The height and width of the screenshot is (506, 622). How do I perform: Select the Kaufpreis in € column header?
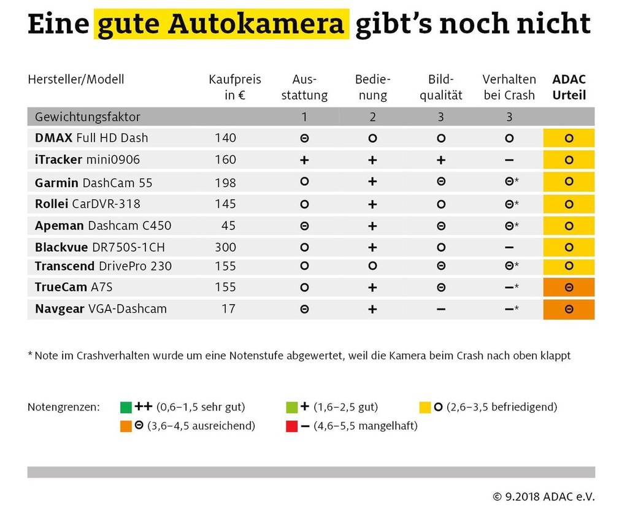click(x=234, y=87)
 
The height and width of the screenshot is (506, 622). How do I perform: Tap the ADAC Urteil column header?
click(x=569, y=87)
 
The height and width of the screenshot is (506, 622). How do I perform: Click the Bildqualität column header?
click(x=440, y=87)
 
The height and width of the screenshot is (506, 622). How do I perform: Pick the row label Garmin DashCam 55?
click(x=94, y=182)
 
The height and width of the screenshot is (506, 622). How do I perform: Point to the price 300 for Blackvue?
click(x=225, y=247)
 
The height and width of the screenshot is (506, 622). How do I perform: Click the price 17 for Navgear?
click(x=228, y=309)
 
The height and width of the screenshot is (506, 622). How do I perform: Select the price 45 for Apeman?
click(x=228, y=225)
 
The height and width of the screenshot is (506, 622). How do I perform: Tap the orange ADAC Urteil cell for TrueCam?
click(x=569, y=288)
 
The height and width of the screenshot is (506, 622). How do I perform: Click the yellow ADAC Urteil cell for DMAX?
click(x=569, y=138)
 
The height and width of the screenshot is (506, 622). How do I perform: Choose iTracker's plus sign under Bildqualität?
click(x=440, y=159)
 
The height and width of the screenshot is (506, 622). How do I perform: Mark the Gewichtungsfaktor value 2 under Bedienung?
click(x=372, y=117)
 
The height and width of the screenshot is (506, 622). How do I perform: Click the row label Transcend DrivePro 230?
click(x=103, y=266)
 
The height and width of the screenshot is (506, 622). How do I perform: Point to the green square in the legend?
click(x=126, y=407)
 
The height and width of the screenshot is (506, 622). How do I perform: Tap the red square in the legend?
click(x=292, y=426)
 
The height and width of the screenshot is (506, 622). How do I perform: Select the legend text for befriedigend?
click(x=501, y=407)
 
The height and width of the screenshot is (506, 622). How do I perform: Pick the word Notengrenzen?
click(x=63, y=407)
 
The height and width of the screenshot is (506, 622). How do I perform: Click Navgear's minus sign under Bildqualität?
click(x=440, y=309)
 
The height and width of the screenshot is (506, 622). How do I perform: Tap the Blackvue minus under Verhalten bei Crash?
click(x=509, y=247)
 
